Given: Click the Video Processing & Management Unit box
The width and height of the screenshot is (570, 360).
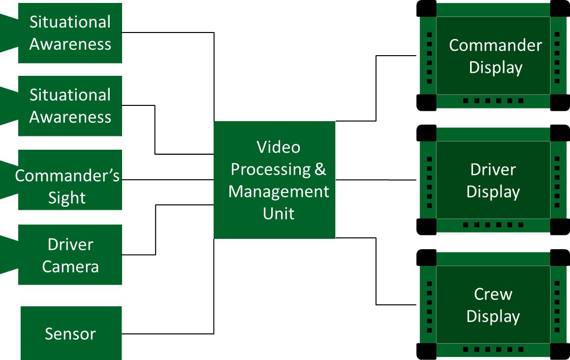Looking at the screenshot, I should click(274, 180).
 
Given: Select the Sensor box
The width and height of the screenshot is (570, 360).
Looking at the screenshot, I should click(71, 333).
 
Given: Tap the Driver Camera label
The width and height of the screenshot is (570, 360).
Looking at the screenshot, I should click(70, 255).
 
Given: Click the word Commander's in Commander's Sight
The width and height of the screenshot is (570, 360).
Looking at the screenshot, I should click(67, 176).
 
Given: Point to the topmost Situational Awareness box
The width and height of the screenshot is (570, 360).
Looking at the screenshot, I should click(70, 33).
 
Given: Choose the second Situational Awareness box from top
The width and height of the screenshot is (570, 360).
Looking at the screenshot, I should click(70, 106).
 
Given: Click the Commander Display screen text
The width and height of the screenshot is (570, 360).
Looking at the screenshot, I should click(495, 56).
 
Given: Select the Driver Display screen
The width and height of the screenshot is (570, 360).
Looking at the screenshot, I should click(493, 180).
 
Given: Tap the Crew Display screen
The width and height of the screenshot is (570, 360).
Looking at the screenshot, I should click(493, 305).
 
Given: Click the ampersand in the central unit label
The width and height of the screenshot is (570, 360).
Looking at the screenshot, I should click(320, 169).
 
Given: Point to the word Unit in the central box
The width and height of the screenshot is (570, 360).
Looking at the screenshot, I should click(279, 213).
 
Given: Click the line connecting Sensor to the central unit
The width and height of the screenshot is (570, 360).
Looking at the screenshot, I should click(167, 333).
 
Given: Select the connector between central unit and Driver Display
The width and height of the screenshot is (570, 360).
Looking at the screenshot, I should click(376, 180).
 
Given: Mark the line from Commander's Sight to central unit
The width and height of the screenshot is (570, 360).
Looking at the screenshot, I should click(167, 179).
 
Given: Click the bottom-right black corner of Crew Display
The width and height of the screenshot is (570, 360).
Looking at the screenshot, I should click(559, 351).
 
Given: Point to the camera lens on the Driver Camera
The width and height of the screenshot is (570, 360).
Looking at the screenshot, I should click(7, 255).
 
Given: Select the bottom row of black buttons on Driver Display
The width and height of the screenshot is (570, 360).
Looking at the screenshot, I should click(493, 225).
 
